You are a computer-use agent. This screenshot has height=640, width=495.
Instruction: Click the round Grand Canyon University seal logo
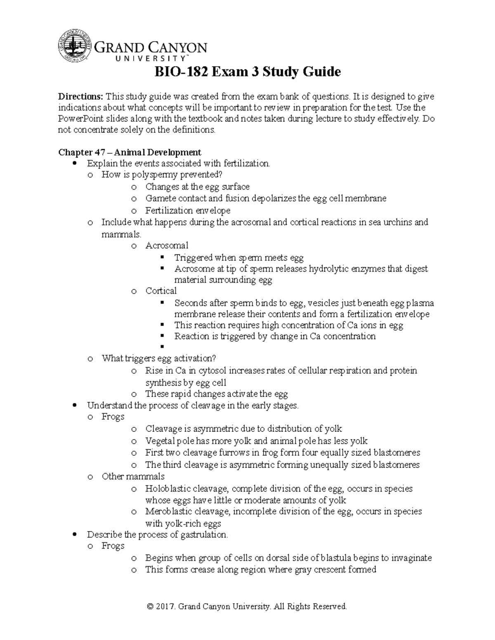click(x=75, y=46)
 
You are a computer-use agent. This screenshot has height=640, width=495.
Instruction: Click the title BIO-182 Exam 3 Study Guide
click(x=247, y=72)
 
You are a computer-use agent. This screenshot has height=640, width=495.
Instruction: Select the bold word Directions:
click(x=80, y=97)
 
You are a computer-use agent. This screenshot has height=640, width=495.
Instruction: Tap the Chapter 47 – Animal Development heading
click(x=130, y=152)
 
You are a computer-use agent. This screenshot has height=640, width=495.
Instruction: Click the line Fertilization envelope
click(x=188, y=211)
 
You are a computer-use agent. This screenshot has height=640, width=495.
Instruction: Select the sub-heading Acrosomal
click(x=167, y=246)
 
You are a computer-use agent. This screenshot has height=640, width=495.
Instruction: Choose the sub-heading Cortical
click(x=161, y=291)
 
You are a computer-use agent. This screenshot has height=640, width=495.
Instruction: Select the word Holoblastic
click(x=166, y=489)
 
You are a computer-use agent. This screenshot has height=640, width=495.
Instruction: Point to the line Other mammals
click(x=133, y=476)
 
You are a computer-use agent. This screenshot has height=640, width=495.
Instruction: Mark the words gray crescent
click(x=319, y=570)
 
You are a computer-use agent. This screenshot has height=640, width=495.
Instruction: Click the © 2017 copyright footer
click(x=247, y=607)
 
